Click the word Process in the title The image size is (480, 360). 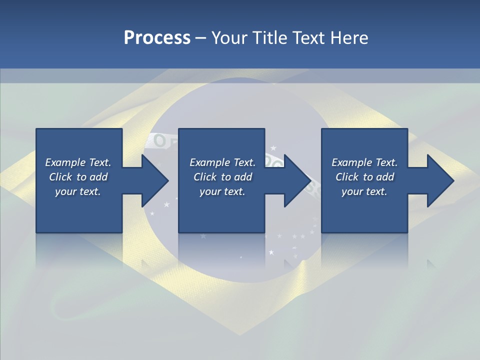pyautogui.click(x=157, y=38)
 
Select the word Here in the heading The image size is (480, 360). pyautogui.click(x=349, y=38)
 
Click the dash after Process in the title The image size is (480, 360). pyautogui.click(x=201, y=38)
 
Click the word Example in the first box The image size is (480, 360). pyautogui.click(x=65, y=162)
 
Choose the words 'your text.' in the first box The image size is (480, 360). pyautogui.click(x=78, y=191)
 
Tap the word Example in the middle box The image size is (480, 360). pyautogui.click(x=209, y=162)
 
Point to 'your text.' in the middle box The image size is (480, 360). pyautogui.click(x=222, y=191)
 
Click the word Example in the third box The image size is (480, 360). pyautogui.click(x=351, y=162)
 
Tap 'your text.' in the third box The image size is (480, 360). pyautogui.click(x=364, y=191)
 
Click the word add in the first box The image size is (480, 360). pyautogui.click(x=99, y=177)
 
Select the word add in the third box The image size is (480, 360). pyautogui.click(x=385, y=177)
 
